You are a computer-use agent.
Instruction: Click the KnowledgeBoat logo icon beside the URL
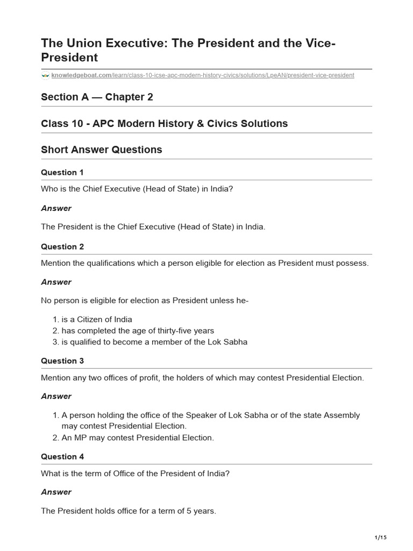pyautogui.click(x=45, y=75)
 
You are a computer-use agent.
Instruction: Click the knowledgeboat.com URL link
pyautogui.click(x=203, y=75)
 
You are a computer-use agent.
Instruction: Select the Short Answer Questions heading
pyautogui.click(x=101, y=150)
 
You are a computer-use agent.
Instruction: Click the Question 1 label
pyautogui.click(x=62, y=172)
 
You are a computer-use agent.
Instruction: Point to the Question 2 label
pyautogui.click(x=62, y=246)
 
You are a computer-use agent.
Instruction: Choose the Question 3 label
pyautogui.click(x=62, y=361)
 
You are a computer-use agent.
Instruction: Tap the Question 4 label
pyautogui.click(x=62, y=456)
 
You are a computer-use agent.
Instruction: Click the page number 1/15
pyautogui.click(x=380, y=538)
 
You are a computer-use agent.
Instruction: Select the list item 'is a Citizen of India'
pyautogui.click(x=96, y=319)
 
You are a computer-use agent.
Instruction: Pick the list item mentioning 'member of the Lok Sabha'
pyautogui.click(x=154, y=342)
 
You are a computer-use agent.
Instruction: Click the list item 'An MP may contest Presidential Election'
pyautogui.click(x=137, y=437)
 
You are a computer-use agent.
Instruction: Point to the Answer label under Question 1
pyautogui.click(x=56, y=208)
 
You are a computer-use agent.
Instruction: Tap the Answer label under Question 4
pyautogui.click(x=56, y=492)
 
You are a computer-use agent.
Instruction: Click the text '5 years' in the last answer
pyautogui.click(x=201, y=511)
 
